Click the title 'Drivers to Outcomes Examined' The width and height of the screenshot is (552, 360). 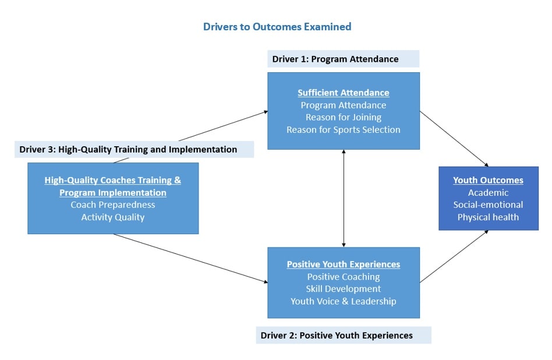click(x=277, y=27)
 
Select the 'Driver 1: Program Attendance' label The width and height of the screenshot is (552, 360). click(x=335, y=59)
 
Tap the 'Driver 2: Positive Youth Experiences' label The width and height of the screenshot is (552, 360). click(x=337, y=336)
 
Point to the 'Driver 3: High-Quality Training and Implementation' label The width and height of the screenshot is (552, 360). click(x=128, y=149)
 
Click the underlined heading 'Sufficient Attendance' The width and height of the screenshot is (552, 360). click(x=343, y=93)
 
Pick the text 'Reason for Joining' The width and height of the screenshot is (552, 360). click(x=343, y=117)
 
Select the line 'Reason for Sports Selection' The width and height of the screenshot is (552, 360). click(x=343, y=130)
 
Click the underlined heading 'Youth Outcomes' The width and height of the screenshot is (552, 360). click(x=488, y=180)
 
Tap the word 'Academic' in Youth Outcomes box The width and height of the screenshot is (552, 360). click(x=488, y=193)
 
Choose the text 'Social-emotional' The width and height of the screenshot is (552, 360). click(x=488, y=204)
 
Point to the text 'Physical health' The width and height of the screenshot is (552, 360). click(x=488, y=217)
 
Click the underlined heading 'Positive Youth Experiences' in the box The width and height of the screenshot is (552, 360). click(x=343, y=264)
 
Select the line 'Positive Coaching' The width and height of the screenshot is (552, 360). click(x=343, y=277)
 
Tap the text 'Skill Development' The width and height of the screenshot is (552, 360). click(x=343, y=289)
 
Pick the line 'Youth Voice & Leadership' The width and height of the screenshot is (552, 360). click(x=343, y=301)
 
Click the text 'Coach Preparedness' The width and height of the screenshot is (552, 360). click(x=112, y=204)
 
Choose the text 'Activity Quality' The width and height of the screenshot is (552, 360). click(x=112, y=217)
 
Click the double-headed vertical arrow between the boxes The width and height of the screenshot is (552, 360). click(x=344, y=198)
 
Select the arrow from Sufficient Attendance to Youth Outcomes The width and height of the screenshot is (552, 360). click(x=454, y=139)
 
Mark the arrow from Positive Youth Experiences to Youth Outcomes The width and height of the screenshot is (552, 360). click(x=454, y=256)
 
